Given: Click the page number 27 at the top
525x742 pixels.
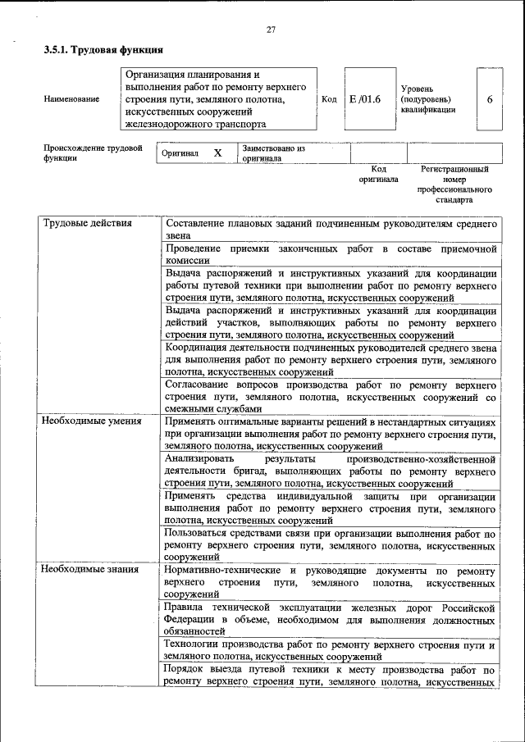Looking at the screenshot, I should [271, 30].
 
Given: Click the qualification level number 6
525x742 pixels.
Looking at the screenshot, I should [490, 99].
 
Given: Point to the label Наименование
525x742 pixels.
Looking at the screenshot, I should [72, 99].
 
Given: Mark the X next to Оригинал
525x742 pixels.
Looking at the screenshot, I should [217, 153].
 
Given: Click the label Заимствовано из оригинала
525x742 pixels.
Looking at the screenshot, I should [273, 153].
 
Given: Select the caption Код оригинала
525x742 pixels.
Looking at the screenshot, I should [378, 174].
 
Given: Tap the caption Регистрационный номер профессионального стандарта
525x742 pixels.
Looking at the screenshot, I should [454, 184].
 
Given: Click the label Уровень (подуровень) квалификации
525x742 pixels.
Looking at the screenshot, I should [428, 98].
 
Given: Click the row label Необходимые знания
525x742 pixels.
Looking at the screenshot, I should [89, 569].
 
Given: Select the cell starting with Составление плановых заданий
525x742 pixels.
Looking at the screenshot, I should [330, 229].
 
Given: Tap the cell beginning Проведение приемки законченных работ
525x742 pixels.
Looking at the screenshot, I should [330, 253].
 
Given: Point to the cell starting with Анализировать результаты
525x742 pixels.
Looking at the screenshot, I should [330, 471].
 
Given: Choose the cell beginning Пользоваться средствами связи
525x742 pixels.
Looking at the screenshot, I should [330, 544].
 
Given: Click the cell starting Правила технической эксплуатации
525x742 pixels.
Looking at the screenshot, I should [330, 619].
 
